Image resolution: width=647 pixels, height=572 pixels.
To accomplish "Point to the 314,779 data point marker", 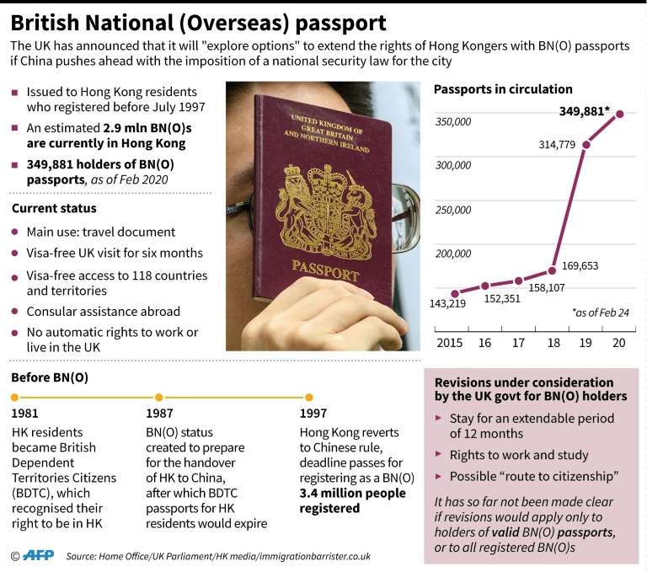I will click(x=586, y=145).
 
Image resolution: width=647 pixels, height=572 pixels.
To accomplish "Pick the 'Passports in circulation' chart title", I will click(x=503, y=88).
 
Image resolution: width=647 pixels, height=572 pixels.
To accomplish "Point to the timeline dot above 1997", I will click(x=308, y=397).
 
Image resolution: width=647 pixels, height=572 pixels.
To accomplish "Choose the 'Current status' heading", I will click(x=53, y=208).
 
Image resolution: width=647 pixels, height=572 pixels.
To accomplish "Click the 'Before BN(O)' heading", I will click(x=48, y=377).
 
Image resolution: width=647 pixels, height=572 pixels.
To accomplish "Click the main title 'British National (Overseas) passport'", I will click(x=199, y=23).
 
